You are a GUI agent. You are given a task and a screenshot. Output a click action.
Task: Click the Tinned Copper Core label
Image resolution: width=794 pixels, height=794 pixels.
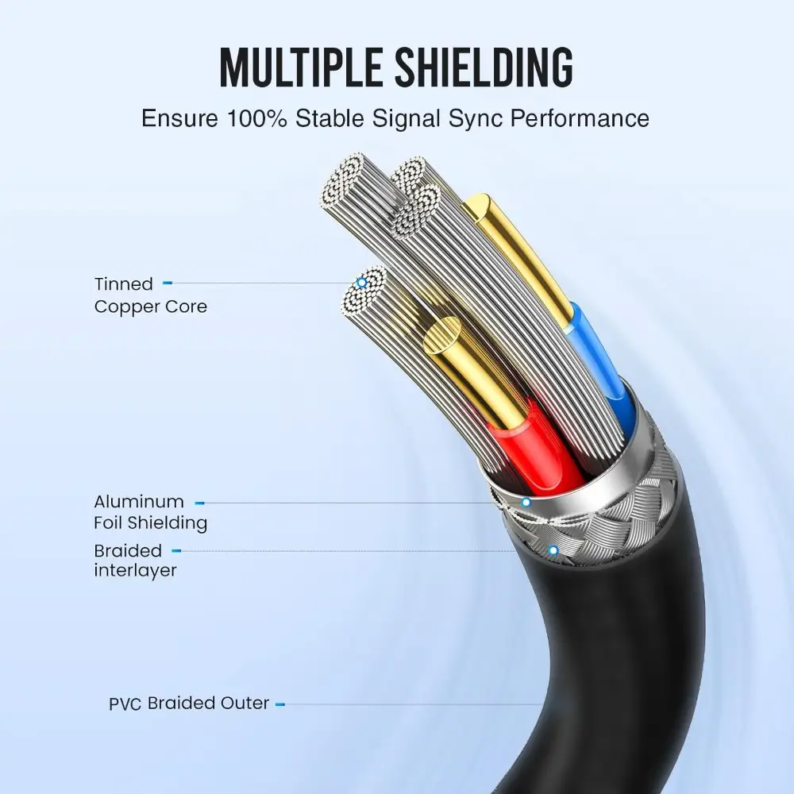tap(150, 295)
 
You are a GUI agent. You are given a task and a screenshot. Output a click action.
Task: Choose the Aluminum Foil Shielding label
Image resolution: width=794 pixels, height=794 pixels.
tap(150, 512)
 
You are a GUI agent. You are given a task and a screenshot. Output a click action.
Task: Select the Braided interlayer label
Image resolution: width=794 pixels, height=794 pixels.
tap(135, 560)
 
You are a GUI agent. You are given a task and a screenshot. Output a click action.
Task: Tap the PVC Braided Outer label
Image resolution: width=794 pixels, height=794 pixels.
tap(189, 703)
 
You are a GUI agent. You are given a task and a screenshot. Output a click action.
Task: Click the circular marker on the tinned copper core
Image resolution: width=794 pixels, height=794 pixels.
tap(362, 283)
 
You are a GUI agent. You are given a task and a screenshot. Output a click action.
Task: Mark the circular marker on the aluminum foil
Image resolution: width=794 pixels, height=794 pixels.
tap(526, 503)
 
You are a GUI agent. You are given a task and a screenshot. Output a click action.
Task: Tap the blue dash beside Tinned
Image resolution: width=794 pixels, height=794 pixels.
tap(168, 283)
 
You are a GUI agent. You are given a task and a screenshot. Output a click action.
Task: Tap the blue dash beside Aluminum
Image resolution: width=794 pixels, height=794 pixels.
tap(199, 503)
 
